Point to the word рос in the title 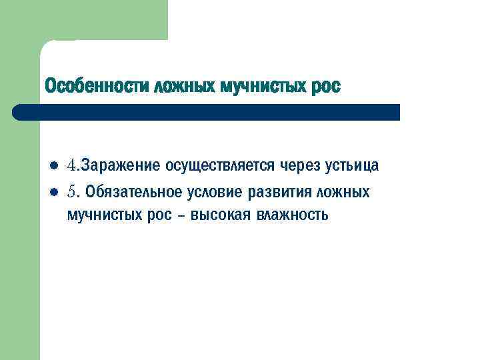[325, 87]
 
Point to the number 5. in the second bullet [73, 193]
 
